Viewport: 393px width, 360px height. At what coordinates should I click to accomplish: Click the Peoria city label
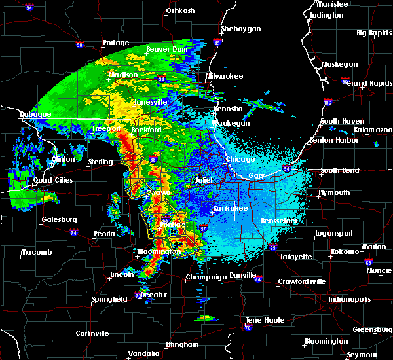86,234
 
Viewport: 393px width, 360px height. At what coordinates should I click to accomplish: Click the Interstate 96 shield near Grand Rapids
328,103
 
